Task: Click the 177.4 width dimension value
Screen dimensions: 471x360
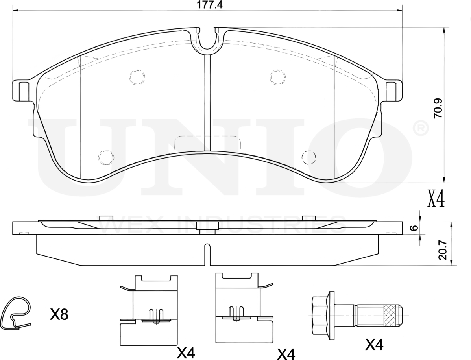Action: click(x=209, y=5)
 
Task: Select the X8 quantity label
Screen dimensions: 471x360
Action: click(x=59, y=315)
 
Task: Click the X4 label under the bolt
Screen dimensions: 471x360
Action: click(x=374, y=345)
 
